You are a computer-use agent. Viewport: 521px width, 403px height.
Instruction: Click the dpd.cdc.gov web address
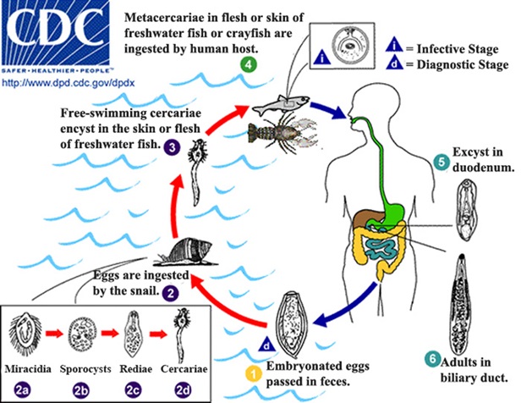pos(57,83)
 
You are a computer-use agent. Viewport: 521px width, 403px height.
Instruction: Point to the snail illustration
pos(199,251)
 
